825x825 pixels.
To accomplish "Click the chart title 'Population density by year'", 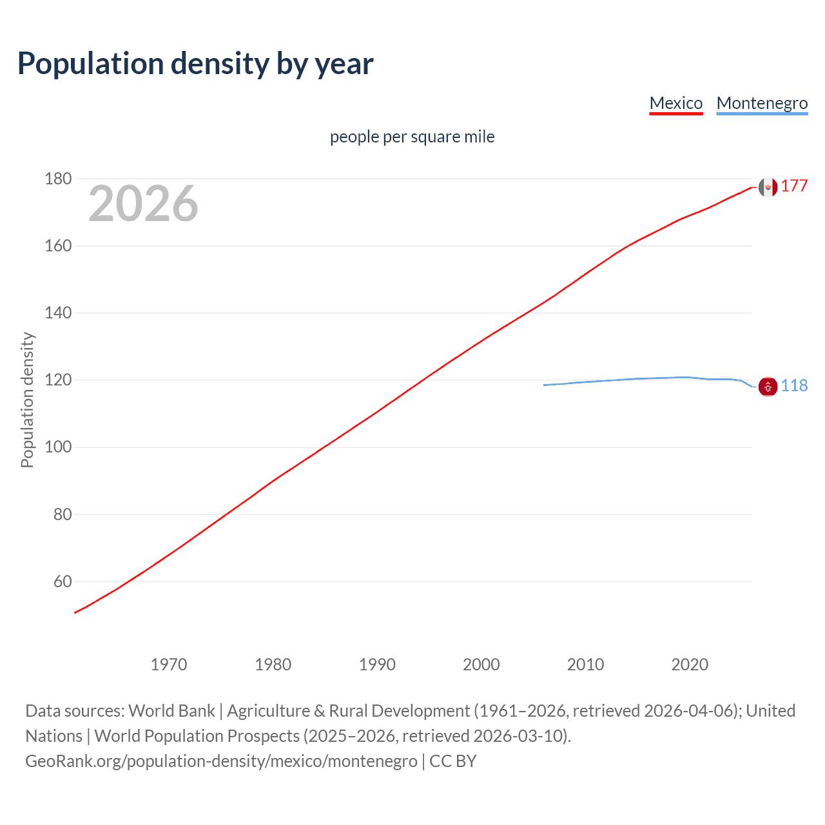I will pyautogui.click(x=195, y=63).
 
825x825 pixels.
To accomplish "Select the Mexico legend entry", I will pyautogui.click(x=675, y=103).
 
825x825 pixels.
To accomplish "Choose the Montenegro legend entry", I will pyautogui.click(x=762, y=103).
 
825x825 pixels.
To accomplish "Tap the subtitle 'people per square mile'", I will pyautogui.click(x=412, y=137).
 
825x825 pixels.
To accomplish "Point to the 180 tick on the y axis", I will pyautogui.click(x=58, y=179).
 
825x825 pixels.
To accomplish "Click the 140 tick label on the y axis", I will pyautogui.click(x=58, y=313).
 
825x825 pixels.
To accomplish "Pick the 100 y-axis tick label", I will pyautogui.click(x=58, y=447).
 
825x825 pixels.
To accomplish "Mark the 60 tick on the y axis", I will pyautogui.click(x=63, y=581).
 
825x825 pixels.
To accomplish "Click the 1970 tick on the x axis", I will pyautogui.click(x=169, y=665).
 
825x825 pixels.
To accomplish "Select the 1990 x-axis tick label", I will pyautogui.click(x=377, y=665).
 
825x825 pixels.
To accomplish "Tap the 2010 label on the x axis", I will pyautogui.click(x=585, y=665).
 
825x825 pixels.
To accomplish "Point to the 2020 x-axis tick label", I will pyautogui.click(x=690, y=665).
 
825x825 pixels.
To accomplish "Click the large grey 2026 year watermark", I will pyautogui.click(x=143, y=204).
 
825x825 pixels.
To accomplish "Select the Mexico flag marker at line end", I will pyautogui.click(x=768, y=187).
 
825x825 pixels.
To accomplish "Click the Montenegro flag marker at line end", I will pyautogui.click(x=768, y=387).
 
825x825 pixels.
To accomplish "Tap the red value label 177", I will pyautogui.click(x=794, y=186).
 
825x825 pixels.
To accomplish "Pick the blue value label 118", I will pyautogui.click(x=794, y=386).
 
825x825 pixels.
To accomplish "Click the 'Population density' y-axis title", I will pyautogui.click(x=27, y=400).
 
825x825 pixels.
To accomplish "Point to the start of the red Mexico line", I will pyautogui.click(x=75, y=612).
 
